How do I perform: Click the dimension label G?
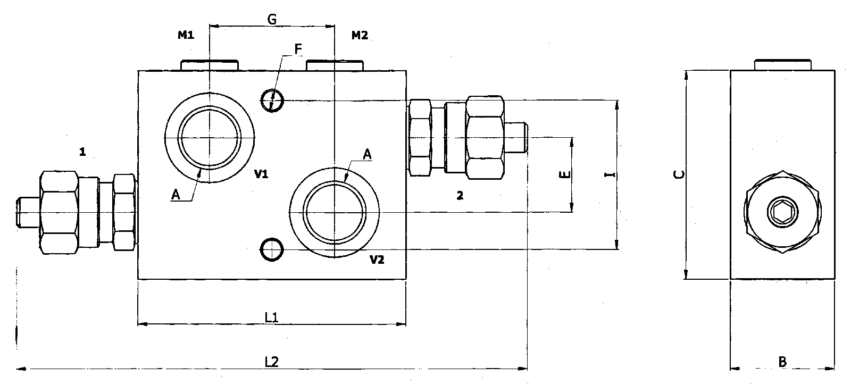click(271, 20)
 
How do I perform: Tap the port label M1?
click(186, 36)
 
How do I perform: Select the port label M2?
click(360, 36)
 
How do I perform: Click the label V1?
click(261, 174)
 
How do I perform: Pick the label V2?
click(377, 260)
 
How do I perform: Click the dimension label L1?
click(272, 318)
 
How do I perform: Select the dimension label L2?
click(272, 362)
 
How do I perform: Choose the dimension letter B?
click(782, 362)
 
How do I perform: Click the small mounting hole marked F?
click(272, 99)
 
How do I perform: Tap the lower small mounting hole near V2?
click(272, 249)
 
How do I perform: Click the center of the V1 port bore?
click(210, 138)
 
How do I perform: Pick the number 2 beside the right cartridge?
click(460, 196)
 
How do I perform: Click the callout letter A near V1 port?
click(176, 196)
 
